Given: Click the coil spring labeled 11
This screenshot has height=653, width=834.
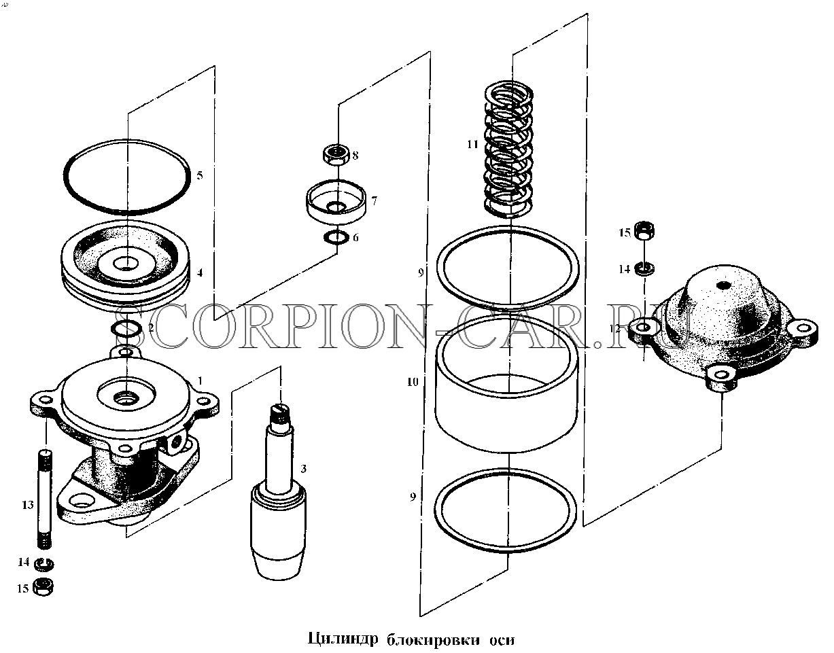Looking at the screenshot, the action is tap(508, 149).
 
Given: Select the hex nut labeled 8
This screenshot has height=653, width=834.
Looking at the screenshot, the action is tap(336, 155).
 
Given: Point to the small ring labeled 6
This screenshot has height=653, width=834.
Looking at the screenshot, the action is tap(336, 238).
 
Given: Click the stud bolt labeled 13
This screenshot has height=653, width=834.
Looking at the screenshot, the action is tap(45, 499).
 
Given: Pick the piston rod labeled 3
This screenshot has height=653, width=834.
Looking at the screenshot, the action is tap(279, 491).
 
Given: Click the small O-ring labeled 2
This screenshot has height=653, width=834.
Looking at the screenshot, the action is tap(126, 329).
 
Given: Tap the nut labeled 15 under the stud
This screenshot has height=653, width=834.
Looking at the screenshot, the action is tap(44, 587).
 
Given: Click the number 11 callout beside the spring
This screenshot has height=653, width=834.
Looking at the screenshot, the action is tap(473, 144).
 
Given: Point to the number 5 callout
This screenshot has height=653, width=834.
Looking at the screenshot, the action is tap(200, 175).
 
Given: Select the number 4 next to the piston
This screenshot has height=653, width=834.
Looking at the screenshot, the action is tap(200, 272).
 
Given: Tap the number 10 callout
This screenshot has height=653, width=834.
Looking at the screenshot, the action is tap(413, 382).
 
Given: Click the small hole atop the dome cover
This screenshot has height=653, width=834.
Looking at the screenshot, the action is tap(723, 285).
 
